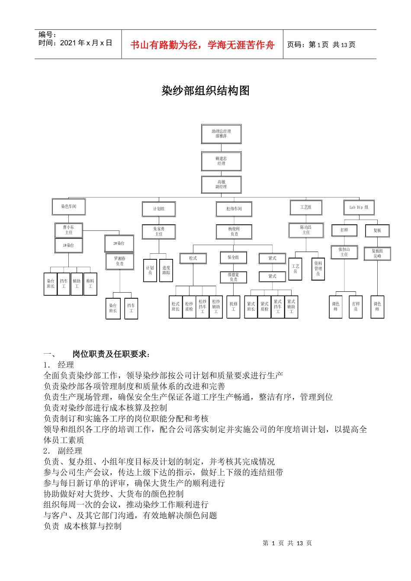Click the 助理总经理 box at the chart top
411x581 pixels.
(x=221, y=134)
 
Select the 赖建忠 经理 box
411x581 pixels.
(x=221, y=161)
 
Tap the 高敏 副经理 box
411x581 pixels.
(x=221, y=185)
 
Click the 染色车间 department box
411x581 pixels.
(x=68, y=207)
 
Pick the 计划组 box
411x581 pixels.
(x=159, y=209)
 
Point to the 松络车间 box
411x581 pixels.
(x=234, y=209)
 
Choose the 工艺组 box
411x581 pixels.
(x=306, y=207)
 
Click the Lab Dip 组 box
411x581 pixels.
(x=359, y=207)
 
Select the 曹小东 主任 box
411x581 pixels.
(x=68, y=230)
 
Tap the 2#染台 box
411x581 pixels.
(x=119, y=244)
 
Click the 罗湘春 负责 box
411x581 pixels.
(x=119, y=261)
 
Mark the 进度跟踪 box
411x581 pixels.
(x=166, y=271)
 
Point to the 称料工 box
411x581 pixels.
(x=90, y=284)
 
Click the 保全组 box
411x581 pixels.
(x=233, y=258)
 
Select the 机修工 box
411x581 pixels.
(x=233, y=307)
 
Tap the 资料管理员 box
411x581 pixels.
(x=318, y=269)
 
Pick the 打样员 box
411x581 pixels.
(x=356, y=307)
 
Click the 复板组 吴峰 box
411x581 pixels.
(x=377, y=254)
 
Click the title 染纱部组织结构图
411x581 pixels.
(x=205, y=91)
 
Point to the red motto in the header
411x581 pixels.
(x=202, y=45)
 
